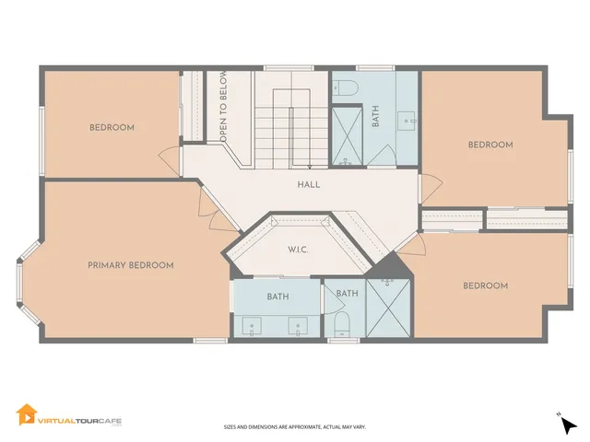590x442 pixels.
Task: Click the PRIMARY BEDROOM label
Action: [x=131, y=265]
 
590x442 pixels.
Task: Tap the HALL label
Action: [x=309, y=184]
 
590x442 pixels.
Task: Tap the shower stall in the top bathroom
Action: [x=348, y=136]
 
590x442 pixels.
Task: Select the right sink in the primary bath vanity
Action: [x=298, y=325]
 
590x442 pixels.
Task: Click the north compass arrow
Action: [x=570, y=425]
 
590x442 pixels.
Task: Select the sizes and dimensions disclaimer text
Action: [x=294, y=427]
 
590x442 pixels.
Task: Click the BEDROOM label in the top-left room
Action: [x=112, y=127]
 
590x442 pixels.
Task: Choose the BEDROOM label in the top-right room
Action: [x=490, y=145]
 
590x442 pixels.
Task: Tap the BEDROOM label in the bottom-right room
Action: [x=485, y=286]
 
